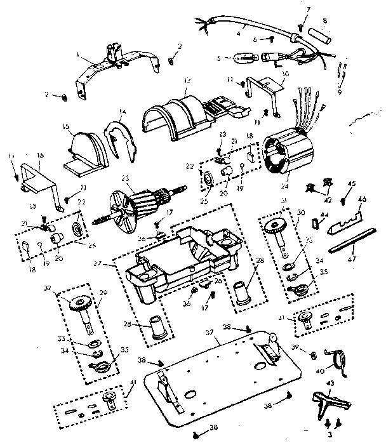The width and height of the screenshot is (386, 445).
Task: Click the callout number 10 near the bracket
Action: tap(284, 72)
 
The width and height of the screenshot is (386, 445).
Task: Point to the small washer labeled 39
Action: tap(314, 353)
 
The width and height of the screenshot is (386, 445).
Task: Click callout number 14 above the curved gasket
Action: tap(123, 112)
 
